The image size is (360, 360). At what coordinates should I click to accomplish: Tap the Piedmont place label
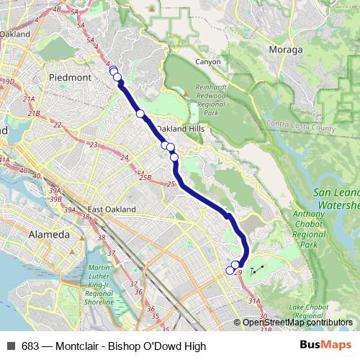coord(70,76)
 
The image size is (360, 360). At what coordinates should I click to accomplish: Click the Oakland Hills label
coord(181,128)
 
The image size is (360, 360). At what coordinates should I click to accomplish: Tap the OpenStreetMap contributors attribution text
coord(297,323)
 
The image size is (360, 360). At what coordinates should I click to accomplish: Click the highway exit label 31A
coord(254,301)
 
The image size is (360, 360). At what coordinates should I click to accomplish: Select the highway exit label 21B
coord(33,113)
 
